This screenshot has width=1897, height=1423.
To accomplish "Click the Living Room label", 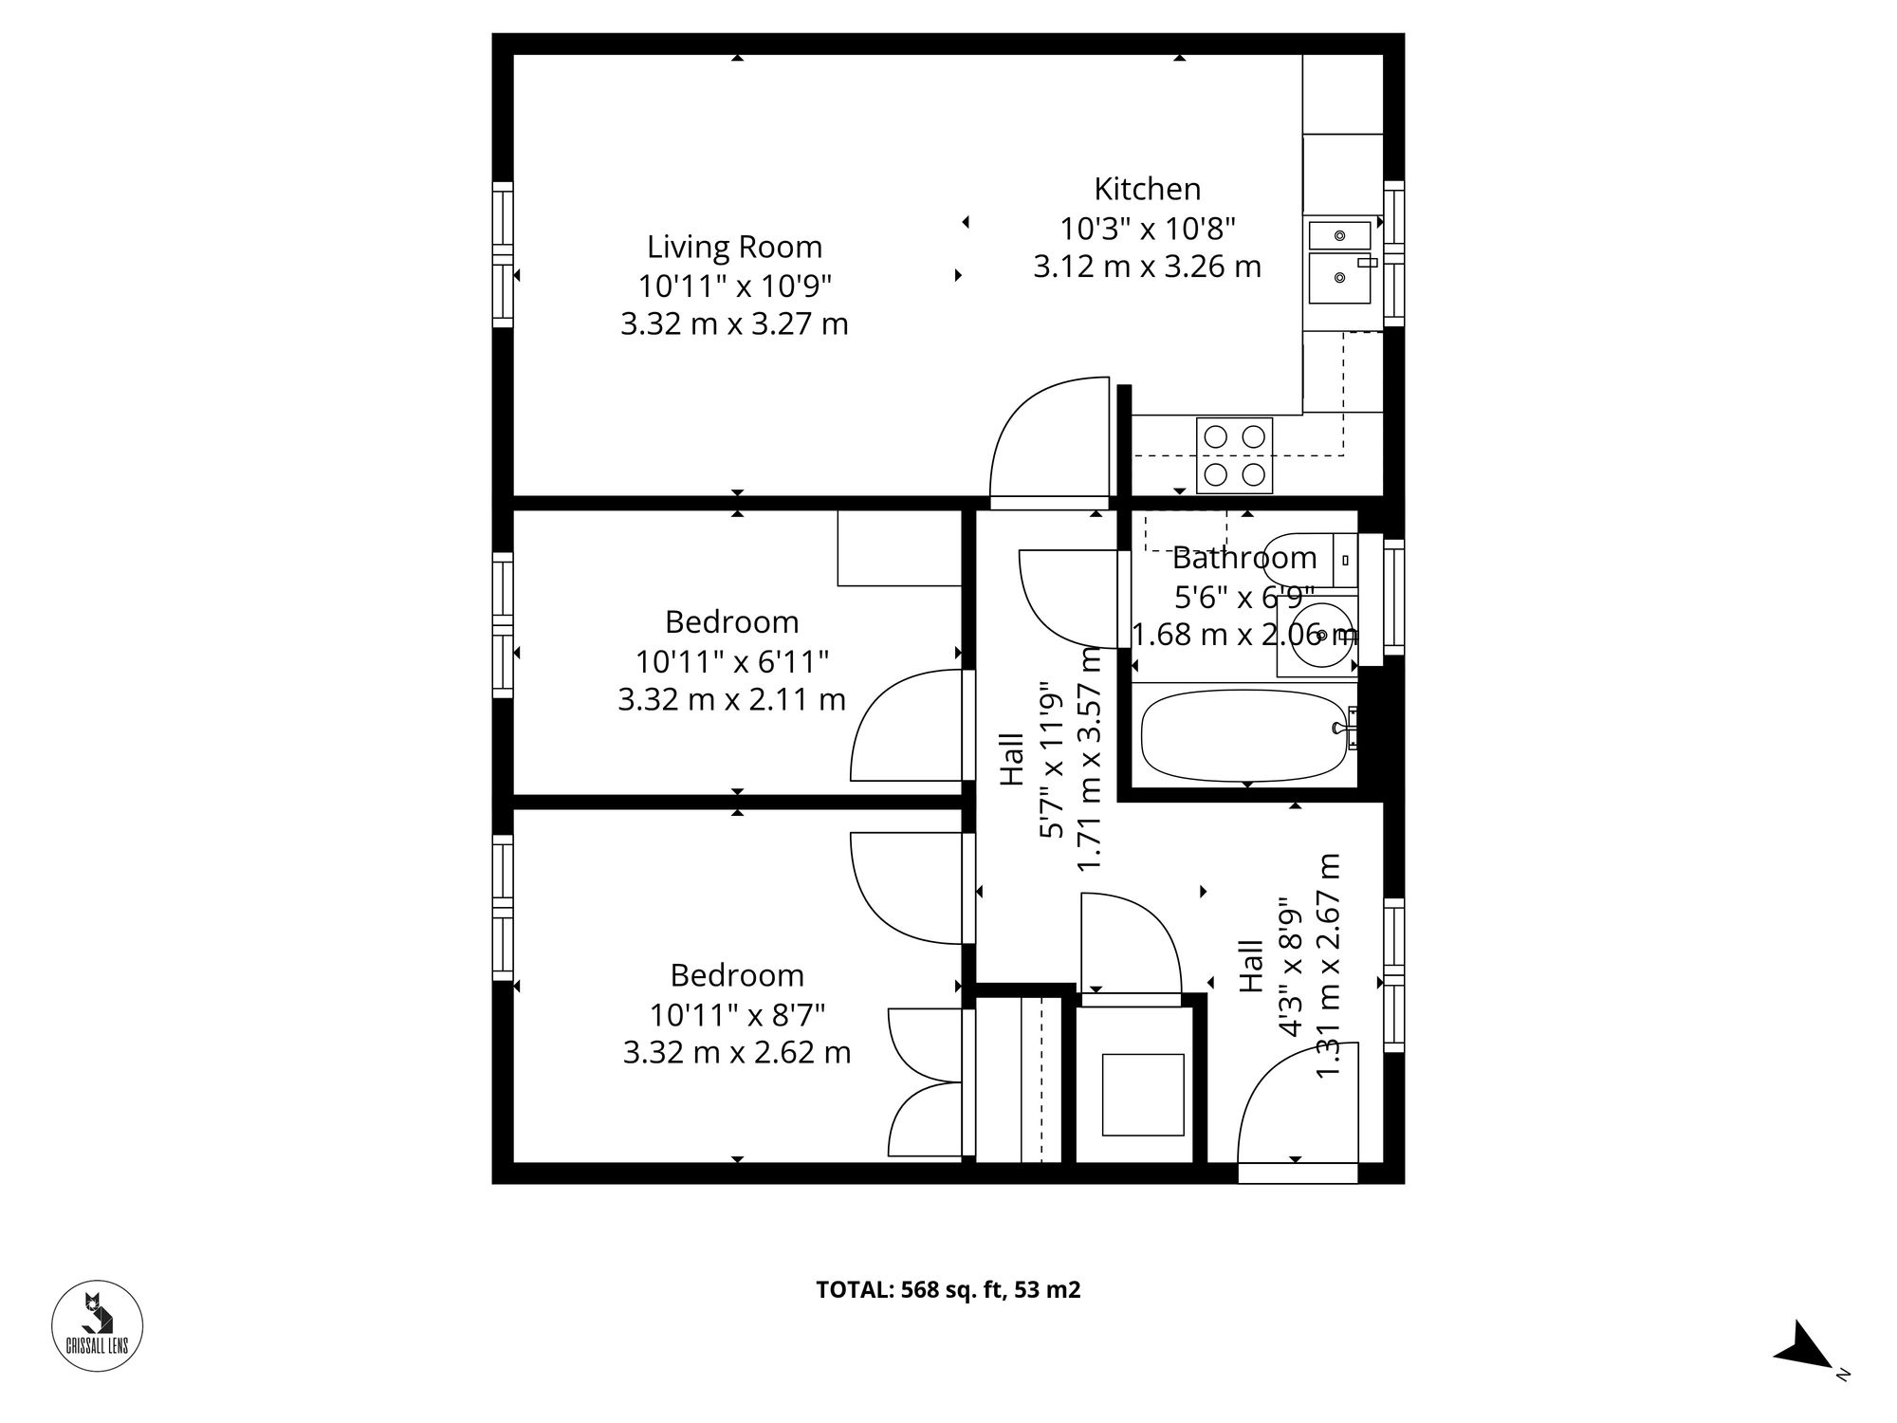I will (x=734, y=247).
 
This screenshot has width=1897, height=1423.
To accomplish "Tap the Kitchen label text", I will (x=1147, y=189).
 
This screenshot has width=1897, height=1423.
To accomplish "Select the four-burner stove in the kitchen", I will (x=1234, y=455).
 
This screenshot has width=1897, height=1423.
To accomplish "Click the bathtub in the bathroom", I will (x=1243, y=735).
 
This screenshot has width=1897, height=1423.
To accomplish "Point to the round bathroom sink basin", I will (x=1322, y=634).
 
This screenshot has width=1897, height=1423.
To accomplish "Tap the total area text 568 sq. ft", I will (x=948, y=1290).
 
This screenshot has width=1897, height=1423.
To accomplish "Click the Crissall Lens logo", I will (x=97, y=1326).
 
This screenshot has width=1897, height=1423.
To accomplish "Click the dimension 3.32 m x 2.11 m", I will (x=731, y=700).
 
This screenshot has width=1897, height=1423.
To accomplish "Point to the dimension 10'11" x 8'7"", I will (x=737, y=1015).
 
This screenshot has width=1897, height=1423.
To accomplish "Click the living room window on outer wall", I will (x=503, y=255).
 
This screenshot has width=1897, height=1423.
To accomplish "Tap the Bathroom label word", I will (x=1243, y=558).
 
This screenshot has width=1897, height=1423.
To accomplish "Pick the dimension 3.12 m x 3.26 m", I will (x=1147, y=267).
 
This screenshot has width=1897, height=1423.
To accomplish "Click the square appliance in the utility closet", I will (x=1142, y=1095).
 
